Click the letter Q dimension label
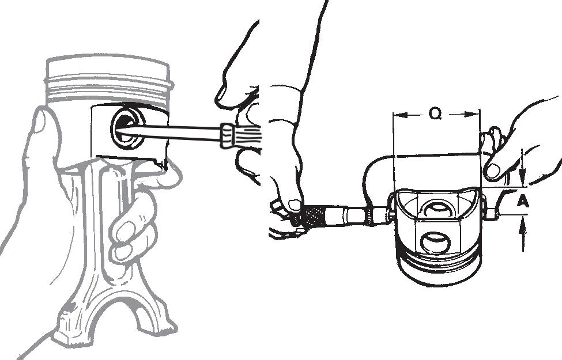coord(435,114)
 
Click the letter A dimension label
coord(523,202)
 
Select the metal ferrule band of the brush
coord(227,135)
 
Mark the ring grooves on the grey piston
coord(108,88)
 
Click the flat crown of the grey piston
coord(108,63)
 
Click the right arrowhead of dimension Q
coord(472,115)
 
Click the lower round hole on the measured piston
coord(435,244)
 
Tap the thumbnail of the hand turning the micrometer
coord(295,205)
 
